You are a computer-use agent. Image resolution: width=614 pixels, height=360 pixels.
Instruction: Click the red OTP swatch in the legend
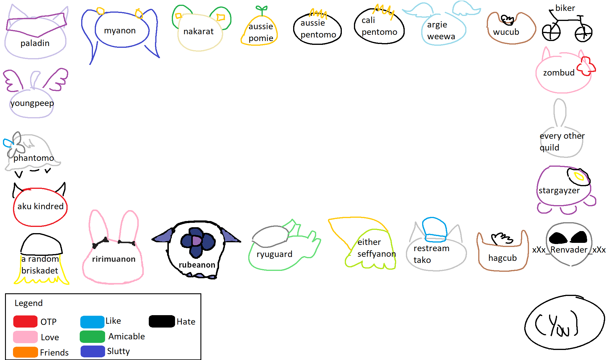(25, 321)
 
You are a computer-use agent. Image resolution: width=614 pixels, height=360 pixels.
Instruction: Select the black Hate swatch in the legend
(162, 321)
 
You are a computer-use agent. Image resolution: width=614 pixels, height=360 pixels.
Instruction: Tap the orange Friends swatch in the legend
(25, 352)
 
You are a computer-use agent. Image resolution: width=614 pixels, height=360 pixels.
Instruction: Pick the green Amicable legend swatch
(92, 336)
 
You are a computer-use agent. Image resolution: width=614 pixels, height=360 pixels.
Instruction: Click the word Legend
(29, 303)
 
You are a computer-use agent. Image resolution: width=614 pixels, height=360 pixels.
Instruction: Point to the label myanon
(120, 30)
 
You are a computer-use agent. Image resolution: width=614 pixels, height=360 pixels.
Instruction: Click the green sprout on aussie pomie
(262, 10)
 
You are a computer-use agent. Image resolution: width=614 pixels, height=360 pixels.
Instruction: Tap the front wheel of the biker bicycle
(584, 33)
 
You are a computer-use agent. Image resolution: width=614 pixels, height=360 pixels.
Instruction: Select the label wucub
(506, 32)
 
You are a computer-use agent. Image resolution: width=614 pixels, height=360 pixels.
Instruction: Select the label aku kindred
(40, 206)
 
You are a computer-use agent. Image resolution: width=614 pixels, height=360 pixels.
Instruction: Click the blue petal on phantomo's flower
(8, 143)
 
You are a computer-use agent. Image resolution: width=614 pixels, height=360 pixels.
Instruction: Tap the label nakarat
(198, 31)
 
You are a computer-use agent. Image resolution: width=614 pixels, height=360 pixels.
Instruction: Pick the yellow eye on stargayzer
(579, 176)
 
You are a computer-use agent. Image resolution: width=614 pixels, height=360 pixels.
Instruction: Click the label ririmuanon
(114, 259)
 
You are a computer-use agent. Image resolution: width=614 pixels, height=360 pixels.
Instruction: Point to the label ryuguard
(274, 254)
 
